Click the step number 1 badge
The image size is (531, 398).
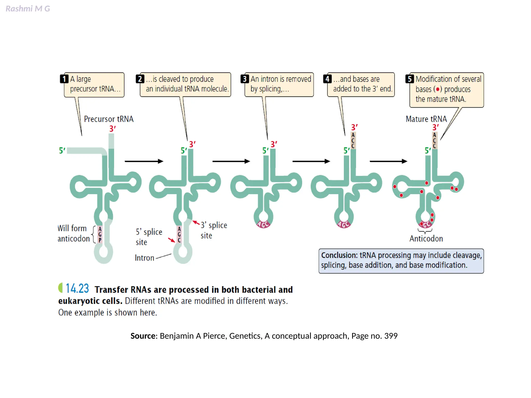point(64,79)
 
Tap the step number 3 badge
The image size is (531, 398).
point(244,79)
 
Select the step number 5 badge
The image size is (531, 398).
point(409,79)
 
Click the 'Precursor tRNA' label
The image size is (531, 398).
point(109,119)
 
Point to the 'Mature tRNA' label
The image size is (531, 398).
point(426,119)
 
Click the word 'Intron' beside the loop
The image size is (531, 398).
point(144,258)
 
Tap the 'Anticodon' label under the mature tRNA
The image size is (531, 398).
point(426,239)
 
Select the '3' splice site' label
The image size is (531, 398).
point(214,230)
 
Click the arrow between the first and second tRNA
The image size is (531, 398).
point(144,161)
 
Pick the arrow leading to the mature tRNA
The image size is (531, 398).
point(388,161)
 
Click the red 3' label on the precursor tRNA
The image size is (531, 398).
point(112,129)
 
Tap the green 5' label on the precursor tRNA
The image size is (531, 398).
point(62,150)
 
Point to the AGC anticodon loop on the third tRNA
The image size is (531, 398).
point(263,224)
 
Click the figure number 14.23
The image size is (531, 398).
point(77,288)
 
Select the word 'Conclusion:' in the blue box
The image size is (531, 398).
point(339,255)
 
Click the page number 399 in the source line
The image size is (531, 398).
point(391,336)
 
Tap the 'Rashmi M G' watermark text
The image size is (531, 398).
point(28,9)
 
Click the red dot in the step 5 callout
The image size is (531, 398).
point(438,89)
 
